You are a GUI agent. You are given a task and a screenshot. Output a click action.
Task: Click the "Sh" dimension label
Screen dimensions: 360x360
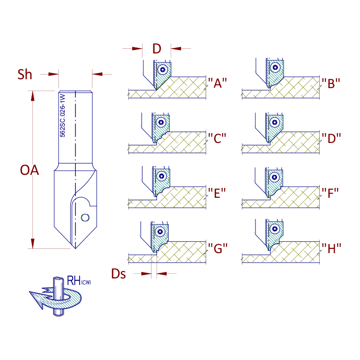25,75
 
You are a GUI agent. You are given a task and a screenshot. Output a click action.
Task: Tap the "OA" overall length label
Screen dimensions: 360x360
30,170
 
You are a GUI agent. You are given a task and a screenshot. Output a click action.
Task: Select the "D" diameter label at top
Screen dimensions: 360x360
157,49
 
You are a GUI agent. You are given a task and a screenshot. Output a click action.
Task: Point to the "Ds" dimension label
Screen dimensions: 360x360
119,274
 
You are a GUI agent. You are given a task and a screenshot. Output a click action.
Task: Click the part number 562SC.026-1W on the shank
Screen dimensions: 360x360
62,115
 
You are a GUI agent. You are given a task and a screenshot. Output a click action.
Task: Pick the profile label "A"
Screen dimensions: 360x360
217,83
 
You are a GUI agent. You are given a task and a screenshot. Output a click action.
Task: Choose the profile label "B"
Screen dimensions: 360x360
330,83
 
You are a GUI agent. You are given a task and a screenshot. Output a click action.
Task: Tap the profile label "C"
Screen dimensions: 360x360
217,138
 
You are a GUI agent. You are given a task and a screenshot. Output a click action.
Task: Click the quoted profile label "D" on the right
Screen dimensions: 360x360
331,138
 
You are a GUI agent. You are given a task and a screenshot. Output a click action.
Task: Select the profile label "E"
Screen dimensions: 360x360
217,193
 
